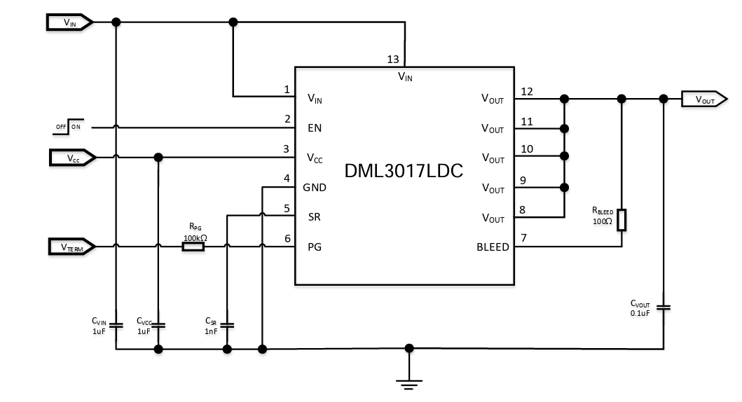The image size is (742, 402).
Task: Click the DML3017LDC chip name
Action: coord(404,171)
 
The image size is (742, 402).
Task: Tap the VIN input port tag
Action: coord(70,22)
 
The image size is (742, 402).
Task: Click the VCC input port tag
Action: coord(72,158)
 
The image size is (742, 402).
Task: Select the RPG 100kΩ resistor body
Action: coord(193,247)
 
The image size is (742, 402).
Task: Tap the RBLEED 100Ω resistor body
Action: coord(621,219)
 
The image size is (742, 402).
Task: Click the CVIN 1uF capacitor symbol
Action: coord(116,325)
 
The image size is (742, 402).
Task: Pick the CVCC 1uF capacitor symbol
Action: coord(159,325)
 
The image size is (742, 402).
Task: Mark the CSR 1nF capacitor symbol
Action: coord(227,325)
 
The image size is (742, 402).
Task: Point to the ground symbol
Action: coord(409,382)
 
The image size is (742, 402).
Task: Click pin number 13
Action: coord(393,60)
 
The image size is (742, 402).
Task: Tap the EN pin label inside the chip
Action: coord(315,129)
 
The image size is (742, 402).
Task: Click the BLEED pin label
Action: coord(493,247)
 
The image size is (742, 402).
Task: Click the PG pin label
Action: coord(313,247)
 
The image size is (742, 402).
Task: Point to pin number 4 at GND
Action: coord(287,179)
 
